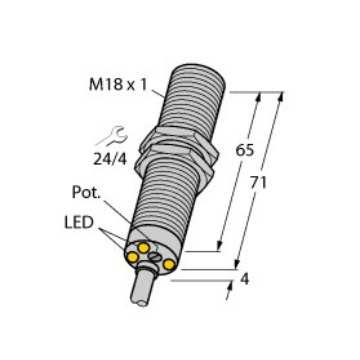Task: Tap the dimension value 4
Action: point(246,281)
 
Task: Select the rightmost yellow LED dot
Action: point(170,264)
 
